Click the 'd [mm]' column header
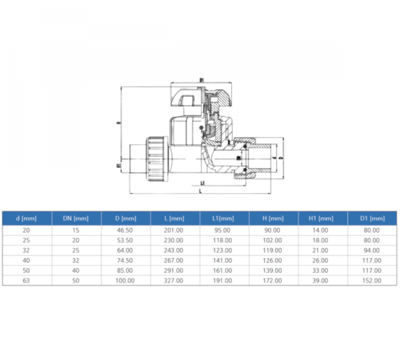(x=27, y=218)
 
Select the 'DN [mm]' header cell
(x=77, y=218)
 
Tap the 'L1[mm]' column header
(x=224, y=218)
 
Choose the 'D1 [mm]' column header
(x=373, y=218)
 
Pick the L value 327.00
(x=175, y=281)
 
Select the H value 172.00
(x=274, y=281)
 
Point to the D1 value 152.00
(x=373, y=281)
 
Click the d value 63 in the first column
(x=27, y=281)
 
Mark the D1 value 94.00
(x=373, y=251)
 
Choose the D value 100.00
(x=125, y=281)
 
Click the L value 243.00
(x=175, y=251)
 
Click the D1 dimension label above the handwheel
(x=202, y=80)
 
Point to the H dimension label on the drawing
(x=118, y=122)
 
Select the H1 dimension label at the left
(x=118, y=166)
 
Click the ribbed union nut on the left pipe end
(x=155, y=155)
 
